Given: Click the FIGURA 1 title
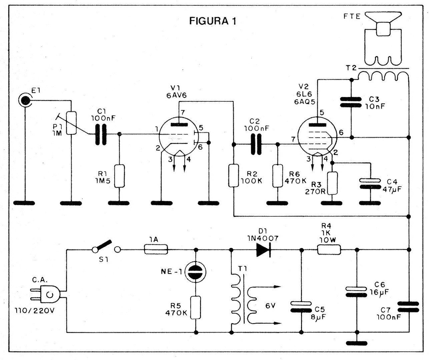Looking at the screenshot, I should click(x=213, y=21).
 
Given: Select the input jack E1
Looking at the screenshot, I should click(x=25, y=100).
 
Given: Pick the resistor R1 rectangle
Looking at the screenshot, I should click(x=119, y=176).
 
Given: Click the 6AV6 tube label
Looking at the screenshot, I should click(x=176, y=95).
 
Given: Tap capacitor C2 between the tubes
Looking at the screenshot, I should click(x=256, y=144).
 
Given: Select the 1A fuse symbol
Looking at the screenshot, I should click(x=156, y=250).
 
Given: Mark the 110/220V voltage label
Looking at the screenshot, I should click(x=34, y=311).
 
